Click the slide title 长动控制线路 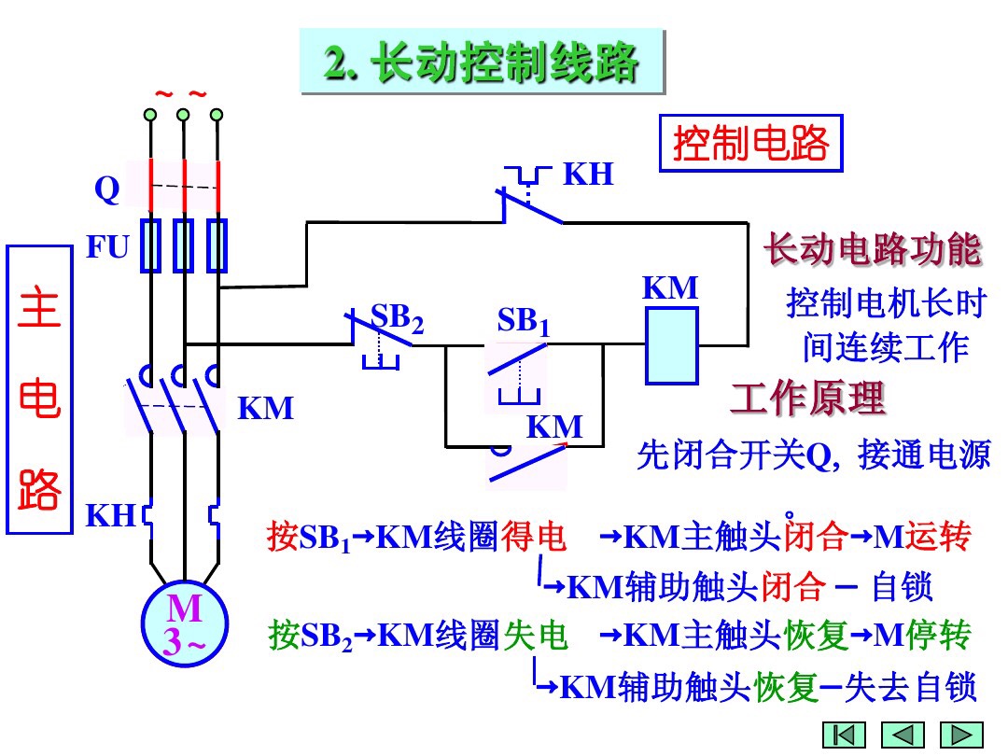coord(482,63)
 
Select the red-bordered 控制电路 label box coord(750,144)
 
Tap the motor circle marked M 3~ coord(185,623)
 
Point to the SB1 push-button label coord(523,322)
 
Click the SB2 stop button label coord(397,318)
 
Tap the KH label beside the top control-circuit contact coord(588,175)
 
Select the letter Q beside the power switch coord(107,190)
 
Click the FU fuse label coord(107,247)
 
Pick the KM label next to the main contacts coord(265,409)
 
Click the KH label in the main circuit coord(111,515)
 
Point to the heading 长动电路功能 coord(873,250)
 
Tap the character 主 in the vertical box coord(39,310)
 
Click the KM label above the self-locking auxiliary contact coord(554,427)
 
